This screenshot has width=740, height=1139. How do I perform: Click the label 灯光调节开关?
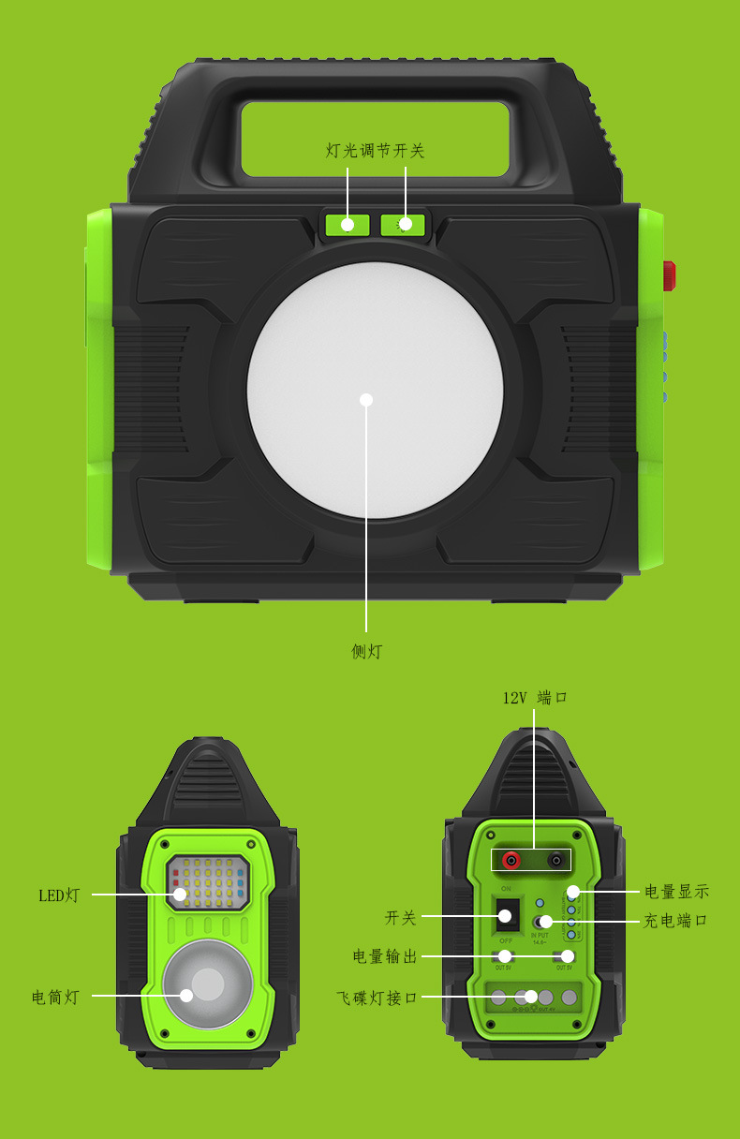click(x=375, y=151)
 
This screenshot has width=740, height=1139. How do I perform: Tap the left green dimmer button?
click(x=348, y=225)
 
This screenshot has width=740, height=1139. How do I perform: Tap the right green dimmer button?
click(x=404, y=225)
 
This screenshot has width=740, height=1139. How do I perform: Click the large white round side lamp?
click(x=375, y=390)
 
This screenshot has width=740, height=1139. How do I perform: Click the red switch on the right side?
click(x=669, y=276)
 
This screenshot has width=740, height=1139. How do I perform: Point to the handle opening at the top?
click(x=375, y=139)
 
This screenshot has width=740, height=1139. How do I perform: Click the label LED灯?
click(x=59, y=895)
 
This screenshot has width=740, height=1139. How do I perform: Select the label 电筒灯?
click(x=55, y=998)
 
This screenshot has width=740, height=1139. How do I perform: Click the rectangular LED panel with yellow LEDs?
click(x=208, y=882)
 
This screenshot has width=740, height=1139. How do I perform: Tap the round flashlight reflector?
click(x=207, y=984)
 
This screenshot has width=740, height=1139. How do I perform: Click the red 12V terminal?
click(x=511, y=859)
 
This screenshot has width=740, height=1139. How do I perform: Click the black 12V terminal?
click(x=557, y=859)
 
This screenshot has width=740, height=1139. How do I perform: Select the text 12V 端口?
click(x=535, y=698)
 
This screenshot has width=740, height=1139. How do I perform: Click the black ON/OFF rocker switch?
click(x=507, y=915)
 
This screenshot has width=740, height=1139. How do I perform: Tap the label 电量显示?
click(x=676, y=892)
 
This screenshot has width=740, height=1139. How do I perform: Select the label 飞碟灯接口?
click(x=377, y=998)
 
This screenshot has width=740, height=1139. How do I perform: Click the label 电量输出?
click(x=384, y=956)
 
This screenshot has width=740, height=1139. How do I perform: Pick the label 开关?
click(x=400, y=918)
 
